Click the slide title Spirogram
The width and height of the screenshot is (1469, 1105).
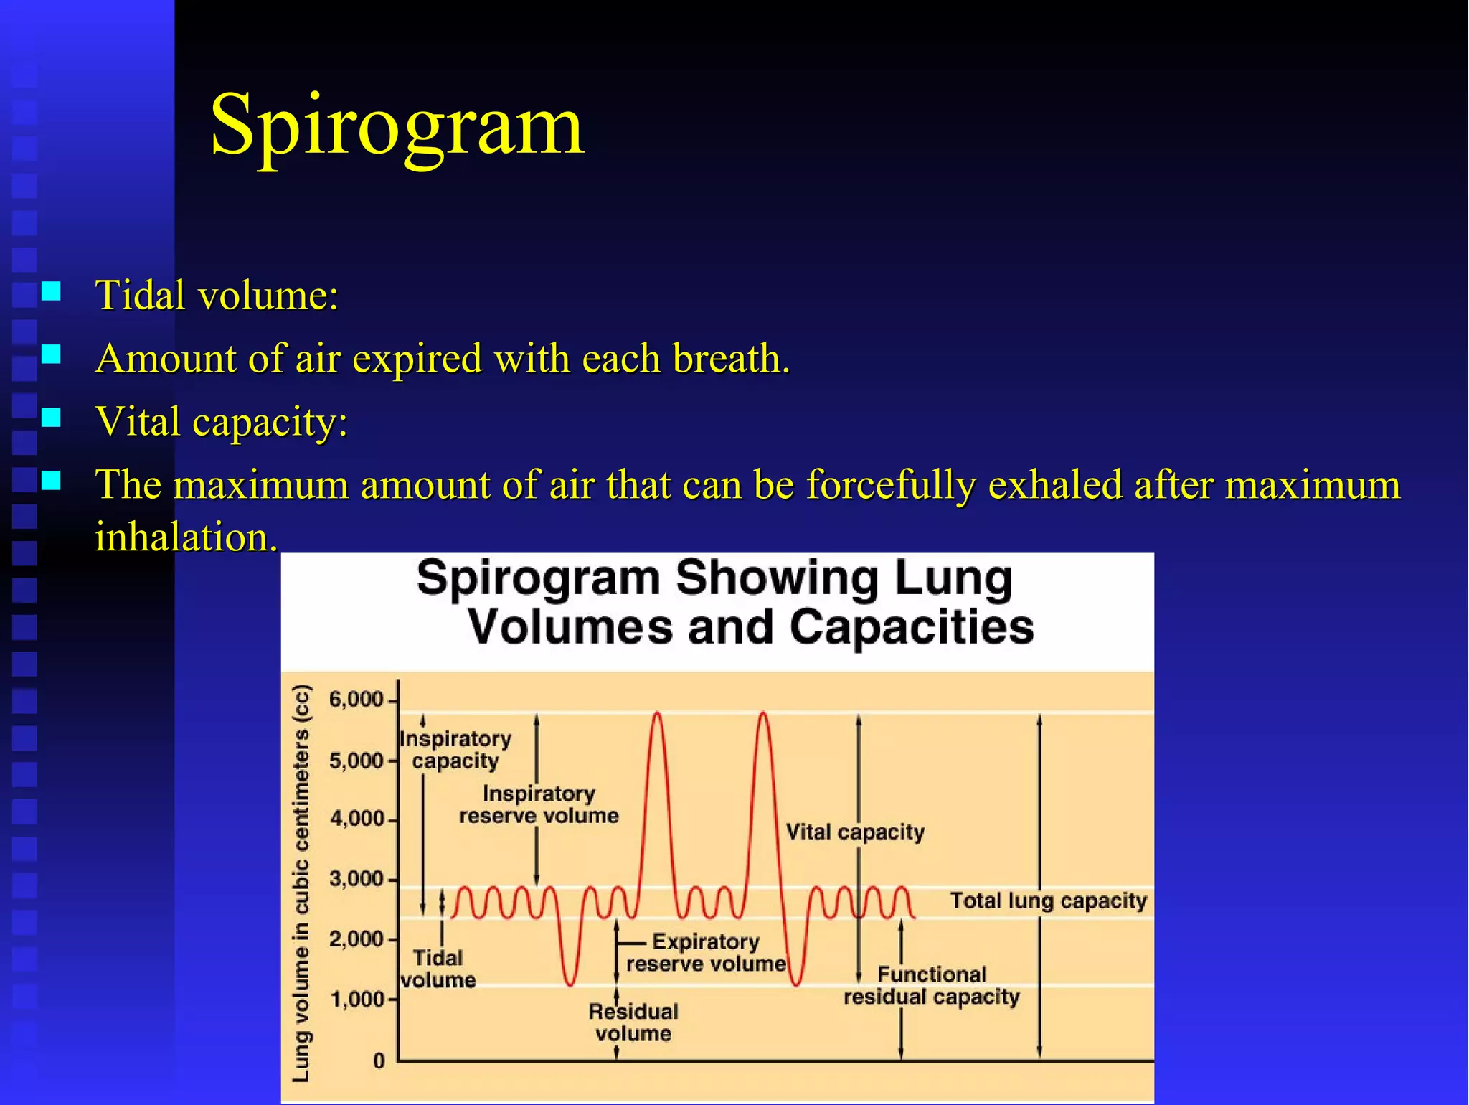pyautogui.click(x=397, y=126)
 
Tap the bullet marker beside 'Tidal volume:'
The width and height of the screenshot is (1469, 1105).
pyautogui.click(x=51, y=291)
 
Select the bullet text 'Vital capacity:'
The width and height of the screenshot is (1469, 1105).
pyautogui.click(x=222, y=420)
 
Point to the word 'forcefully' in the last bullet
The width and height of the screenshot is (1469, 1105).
pyautogui.click(x=890, y=484)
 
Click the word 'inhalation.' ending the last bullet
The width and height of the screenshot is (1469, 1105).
pyautogui.click(x=186, y=537)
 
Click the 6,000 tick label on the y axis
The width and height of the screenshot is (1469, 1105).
pyautogui.click(x=356, y=699)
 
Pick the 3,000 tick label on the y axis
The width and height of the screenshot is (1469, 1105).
pyautogui.click(x=356, y=878)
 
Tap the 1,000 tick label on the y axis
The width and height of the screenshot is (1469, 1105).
pyautogui.click(x=356, y=999)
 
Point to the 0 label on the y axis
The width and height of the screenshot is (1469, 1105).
pyautogui.click(x=379, y=1061)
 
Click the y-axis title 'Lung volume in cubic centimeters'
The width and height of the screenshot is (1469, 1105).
pyautogui.click(x=302, y=883)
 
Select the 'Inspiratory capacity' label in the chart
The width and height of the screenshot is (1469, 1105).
pyautogui.click(x=455, y=750)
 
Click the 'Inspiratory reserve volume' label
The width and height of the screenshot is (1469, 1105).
pyautogui.click(x=539, y=804)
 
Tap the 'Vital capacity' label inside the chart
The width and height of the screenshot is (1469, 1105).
pyautogui.click(x=855, y=832)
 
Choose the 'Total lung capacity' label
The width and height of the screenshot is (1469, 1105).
pyautogui.click(x=1048, y=901)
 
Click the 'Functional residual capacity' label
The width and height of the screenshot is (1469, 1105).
pyautogui.click(x=931, y=986)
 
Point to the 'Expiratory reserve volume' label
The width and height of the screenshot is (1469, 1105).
pyautogui.click(x=706, y=952)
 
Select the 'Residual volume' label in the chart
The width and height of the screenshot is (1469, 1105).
pyautogui.click(x=633, y=1022)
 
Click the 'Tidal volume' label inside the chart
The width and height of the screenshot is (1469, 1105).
pyautogui.click(x=438, y=969)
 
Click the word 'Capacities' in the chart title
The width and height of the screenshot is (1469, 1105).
pyautogui.click(x=912, y=627)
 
